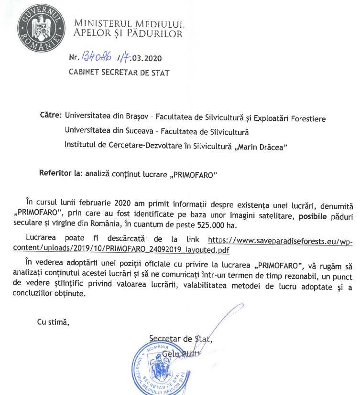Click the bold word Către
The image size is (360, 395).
click(51, 116)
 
